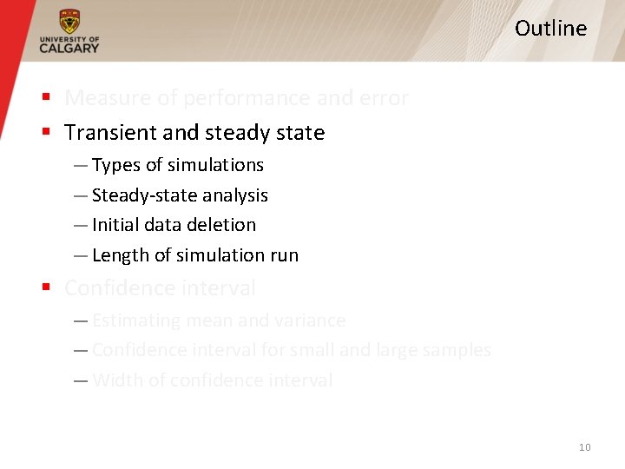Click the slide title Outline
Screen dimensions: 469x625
(550, 29)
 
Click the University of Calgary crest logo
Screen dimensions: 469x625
(69, 22)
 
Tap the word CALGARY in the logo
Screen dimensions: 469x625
(69, 49)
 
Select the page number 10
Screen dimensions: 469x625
(584, 447)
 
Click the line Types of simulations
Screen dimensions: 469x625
(177, 165)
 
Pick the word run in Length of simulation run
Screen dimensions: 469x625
(284, 255)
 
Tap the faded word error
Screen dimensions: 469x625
(383, 98)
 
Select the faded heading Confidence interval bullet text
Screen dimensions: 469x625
(160, 287)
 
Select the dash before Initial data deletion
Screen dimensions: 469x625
(80, 225)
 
